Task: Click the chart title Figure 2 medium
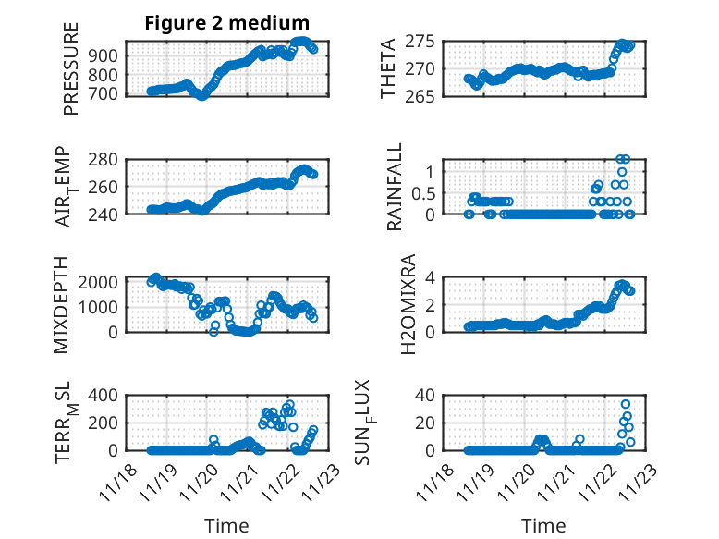[x=226, y=22]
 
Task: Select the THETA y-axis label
[x=388, y=68]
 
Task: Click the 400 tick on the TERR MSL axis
[x=106, y=396]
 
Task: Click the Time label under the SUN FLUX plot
[x=543, y=525]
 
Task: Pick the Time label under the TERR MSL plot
[x=226, y=525]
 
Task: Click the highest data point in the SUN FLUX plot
[x=626, y=404]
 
